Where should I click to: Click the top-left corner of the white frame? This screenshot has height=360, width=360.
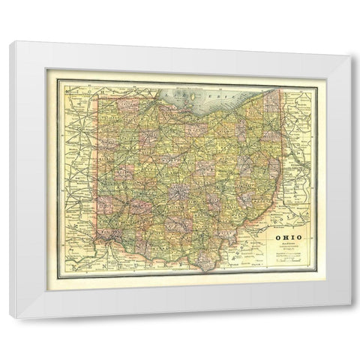10,42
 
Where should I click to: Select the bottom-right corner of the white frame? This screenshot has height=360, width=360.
351,317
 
